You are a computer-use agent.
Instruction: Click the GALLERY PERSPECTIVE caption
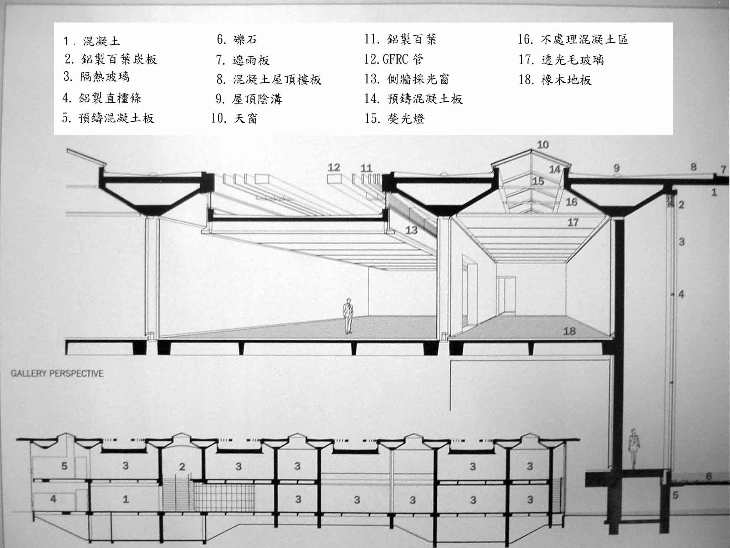click(x=57, y=374)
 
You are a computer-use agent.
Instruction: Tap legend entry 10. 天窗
click(x=234, y=118)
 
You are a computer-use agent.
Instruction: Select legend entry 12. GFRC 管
click(x=394, y=59)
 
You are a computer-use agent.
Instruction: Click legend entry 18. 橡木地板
click(x=555, y=80)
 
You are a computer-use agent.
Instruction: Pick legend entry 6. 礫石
click(x=237, y=39)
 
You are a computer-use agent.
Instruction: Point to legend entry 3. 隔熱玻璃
click(x=96, y=77)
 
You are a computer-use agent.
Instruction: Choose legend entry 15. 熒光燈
click(x=395, y=118)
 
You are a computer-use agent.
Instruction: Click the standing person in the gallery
click(x=348, y=316)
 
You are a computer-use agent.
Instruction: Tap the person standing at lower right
click(x=633, y=449)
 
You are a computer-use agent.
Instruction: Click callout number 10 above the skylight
click(x=543, y=145)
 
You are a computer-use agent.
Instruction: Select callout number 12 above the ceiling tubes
click(x=334, y=167)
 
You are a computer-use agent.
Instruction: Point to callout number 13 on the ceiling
click(x=411, y=230)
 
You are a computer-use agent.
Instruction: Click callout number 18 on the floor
click(x=569, y=331)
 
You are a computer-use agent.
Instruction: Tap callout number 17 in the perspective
click(x=573, y=222)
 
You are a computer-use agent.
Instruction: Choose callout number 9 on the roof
click(x=617, y=168)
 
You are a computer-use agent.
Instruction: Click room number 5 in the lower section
click(x=64, y=466)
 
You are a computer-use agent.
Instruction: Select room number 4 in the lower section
click(x=53, y=498)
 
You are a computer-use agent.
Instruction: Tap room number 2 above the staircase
click(x=182, y=467)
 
